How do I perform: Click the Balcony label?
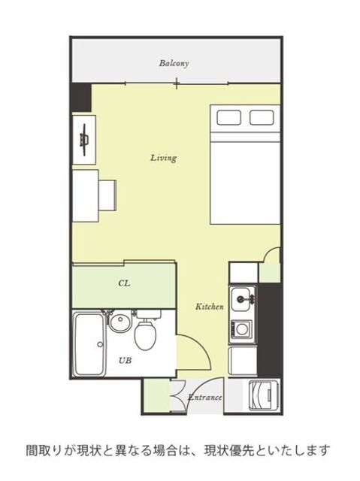[x=174, y=63]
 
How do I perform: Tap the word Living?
[x=163, y=158]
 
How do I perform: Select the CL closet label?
[x=124, y=283]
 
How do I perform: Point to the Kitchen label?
[x=210, y=307]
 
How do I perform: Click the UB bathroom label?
[x=125, y=361]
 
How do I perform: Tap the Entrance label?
[x=204, y=398]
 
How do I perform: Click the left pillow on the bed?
[x=228, y=117]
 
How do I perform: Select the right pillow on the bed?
[x=262, y=117]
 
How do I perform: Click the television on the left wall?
[x=84, y=140]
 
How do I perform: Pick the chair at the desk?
[x=107, y=195]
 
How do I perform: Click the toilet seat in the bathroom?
[x=146, y=336]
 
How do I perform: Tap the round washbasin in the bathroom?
[x=120, y=322]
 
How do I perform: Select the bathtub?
[x=89, y=344]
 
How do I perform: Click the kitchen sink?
[x=244, y=299]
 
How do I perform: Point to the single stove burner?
[x=242, y=329]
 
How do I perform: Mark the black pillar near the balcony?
[x=81, y=98]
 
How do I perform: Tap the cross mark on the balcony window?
[x=177, y=83]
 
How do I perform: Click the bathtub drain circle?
[x=100, y=344]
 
